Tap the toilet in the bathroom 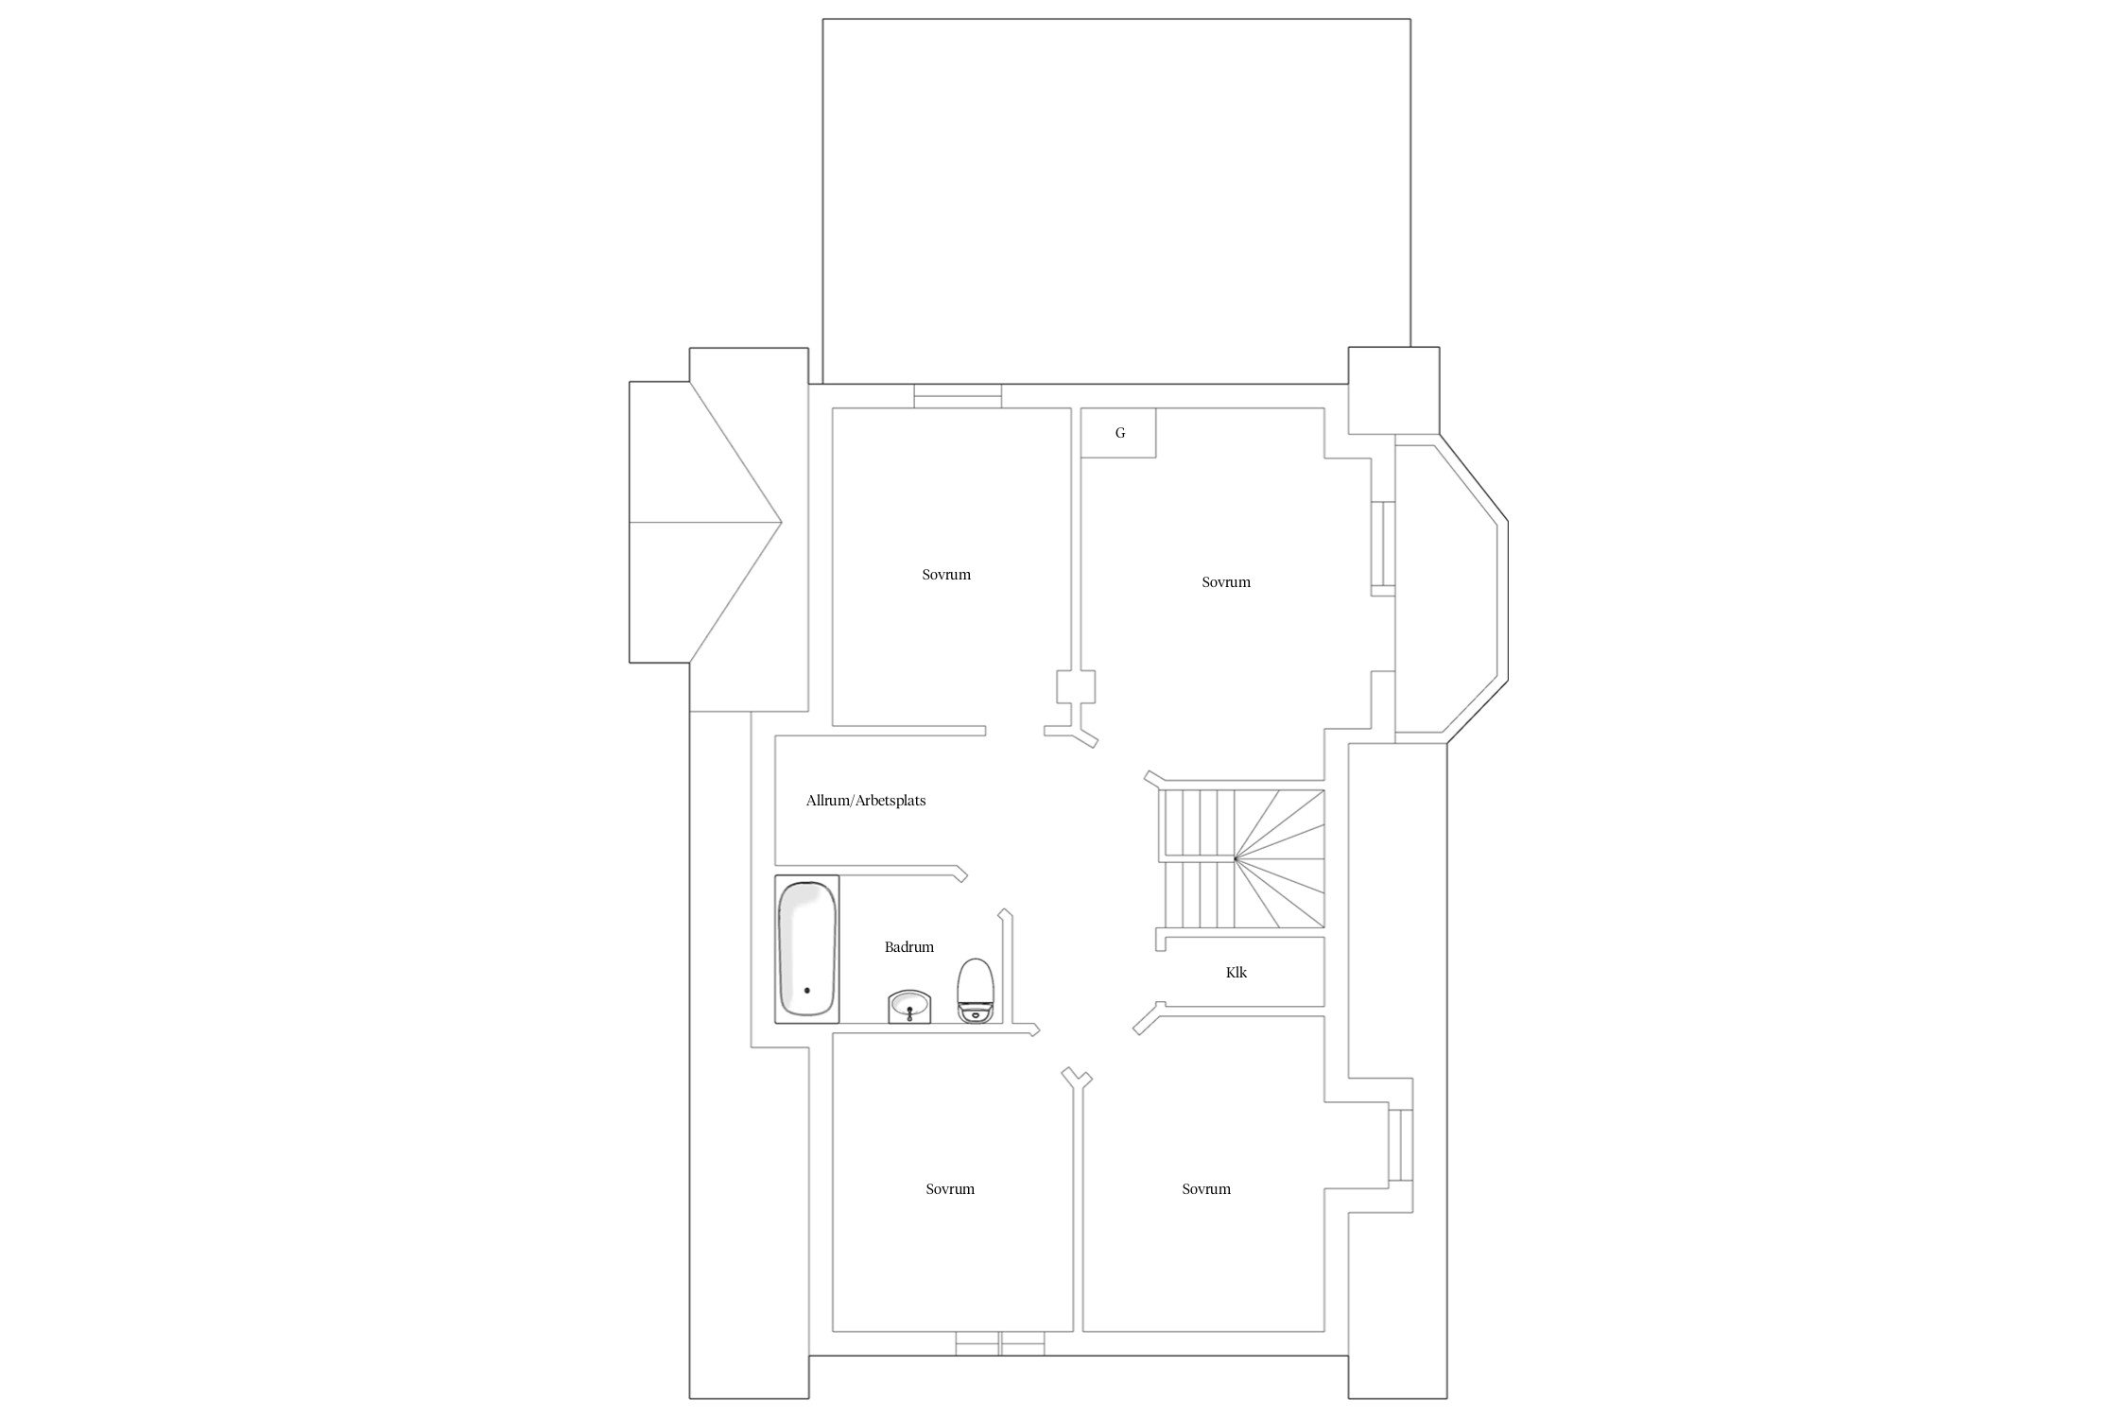coord(976,991)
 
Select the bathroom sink coord(909,1006)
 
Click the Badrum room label coord(909,946)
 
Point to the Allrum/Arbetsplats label coord(866,801)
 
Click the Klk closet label coord(1236,972)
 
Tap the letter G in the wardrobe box coord(1120,433)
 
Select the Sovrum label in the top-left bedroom coord(946,574)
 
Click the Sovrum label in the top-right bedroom coord(1226,582)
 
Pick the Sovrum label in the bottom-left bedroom coord(950,1189)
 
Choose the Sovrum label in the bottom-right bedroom coord(1206,1189)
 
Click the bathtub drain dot coord(806,991)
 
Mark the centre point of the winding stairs coord(1236,858)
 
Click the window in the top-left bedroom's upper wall coord(958,396)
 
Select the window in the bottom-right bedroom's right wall coord(1400,1145)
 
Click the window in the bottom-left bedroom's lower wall coord(1000,1343)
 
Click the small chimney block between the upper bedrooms coord(1076,686)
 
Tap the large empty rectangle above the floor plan coord(1116,201)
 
